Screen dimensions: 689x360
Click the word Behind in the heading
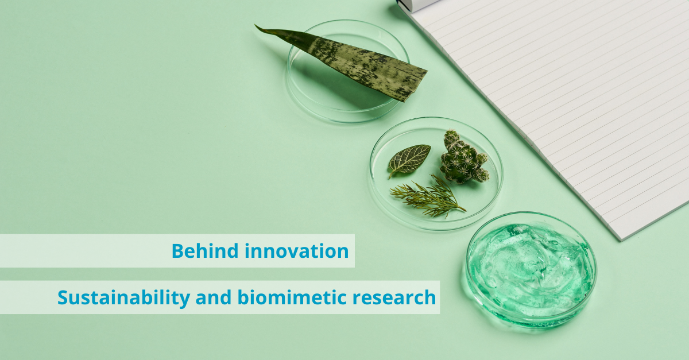coord(205,251)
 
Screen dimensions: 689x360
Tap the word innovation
coord(296,251)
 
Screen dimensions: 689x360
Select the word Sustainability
coord(123,298)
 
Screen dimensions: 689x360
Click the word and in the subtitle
coord(214,297)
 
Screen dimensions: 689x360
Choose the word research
coord(394,298)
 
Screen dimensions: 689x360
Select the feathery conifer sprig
coord(428,196)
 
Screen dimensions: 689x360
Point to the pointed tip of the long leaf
coord(256,25)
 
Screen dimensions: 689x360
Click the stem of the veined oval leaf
coord(391,174)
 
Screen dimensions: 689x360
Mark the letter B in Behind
coord(177,251)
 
